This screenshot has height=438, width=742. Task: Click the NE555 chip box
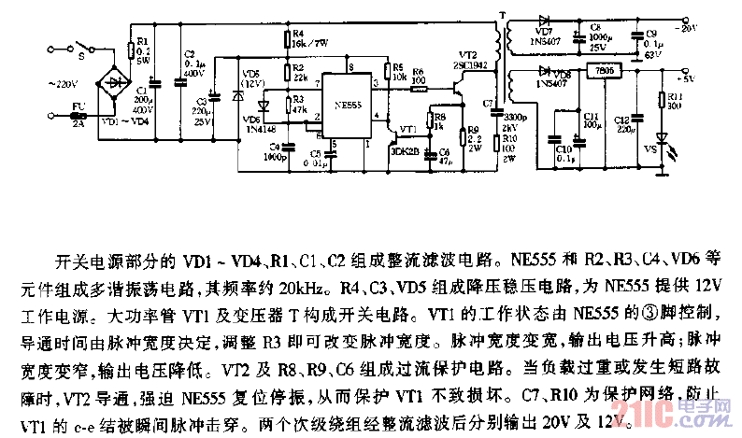pos(346,108)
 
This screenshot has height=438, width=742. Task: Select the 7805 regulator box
pos(596,72)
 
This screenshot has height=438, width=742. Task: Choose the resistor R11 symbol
pos(662,99)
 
